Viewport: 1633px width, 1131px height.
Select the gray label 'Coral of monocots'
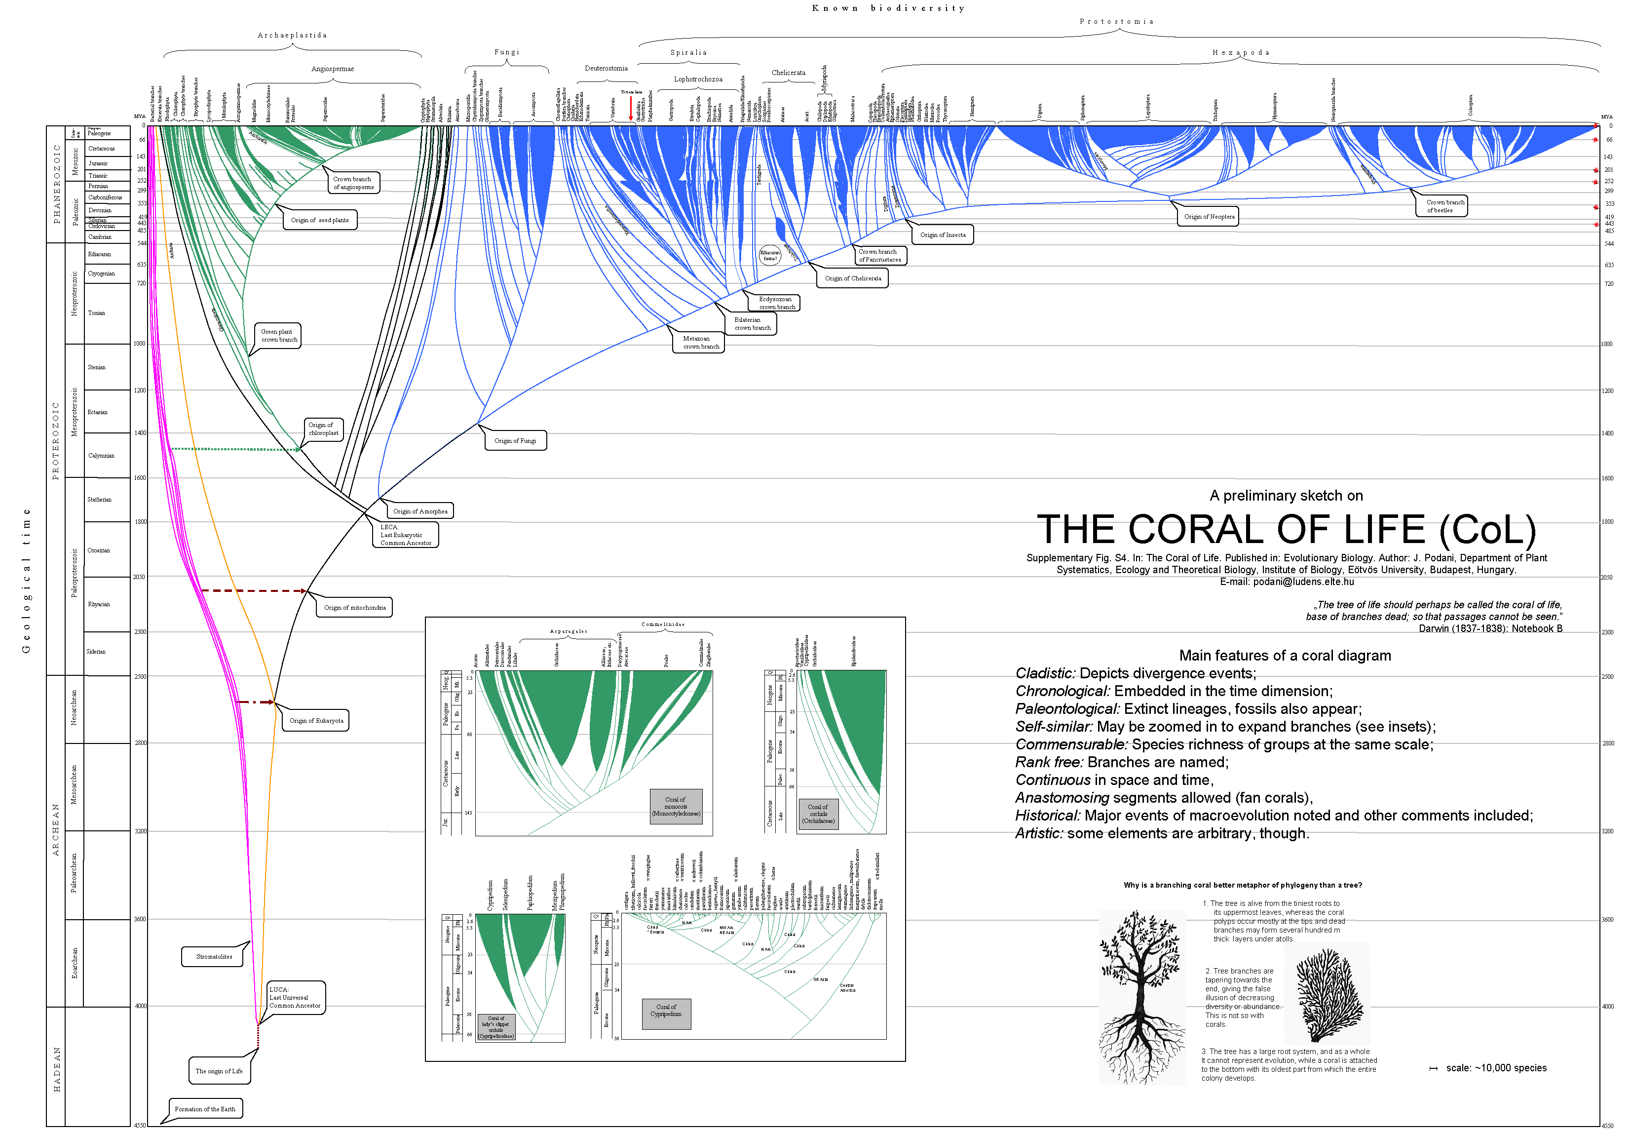pyautogui.click(x=676, y=807)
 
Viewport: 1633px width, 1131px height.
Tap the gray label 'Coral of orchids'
pyautogui.click(x=818, y=814)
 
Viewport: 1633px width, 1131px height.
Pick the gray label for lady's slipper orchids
pyautogui.click(x=496, y=1027)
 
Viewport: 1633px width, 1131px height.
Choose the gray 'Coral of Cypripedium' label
pyautogui.click(x=666, y=1014)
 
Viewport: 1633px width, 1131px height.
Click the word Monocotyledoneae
pyautogui.click(x=676, y=814)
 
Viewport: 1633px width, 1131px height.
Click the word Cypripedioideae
pyautogui.click(x=496, y=1036)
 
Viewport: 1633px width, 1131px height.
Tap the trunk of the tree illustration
pyautogui.click(x=1140, y=992)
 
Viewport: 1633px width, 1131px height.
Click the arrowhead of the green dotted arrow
pyautogui.click(x=298, y=449)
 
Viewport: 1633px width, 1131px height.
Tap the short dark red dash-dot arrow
pyautogui.click(x=257, y=702)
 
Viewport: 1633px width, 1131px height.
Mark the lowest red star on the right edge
pyautogui.click(x=1596, y=224)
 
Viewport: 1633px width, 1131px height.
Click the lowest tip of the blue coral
pyautogui.click(x=379, y=498)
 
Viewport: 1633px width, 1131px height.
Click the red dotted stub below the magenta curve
pyautogui.click(x=258, y=1036)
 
